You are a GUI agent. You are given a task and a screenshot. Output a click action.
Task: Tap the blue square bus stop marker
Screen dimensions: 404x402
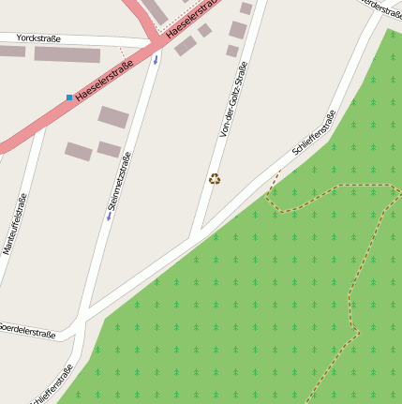69,97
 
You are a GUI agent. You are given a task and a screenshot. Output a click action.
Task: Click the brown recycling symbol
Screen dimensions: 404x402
215,179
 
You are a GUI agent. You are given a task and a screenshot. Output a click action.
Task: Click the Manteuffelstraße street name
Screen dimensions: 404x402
14,224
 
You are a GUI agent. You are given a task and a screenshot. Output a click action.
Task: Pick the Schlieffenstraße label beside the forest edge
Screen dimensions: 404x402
314,133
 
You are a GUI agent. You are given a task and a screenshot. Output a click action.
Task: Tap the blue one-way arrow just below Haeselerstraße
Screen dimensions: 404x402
156,58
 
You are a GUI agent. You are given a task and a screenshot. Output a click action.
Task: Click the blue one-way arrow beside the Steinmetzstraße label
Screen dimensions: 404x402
109,217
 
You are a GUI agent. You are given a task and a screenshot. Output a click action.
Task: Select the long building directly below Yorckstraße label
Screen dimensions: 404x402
67,54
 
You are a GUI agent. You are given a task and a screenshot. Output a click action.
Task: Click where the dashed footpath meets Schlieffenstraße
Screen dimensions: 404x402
279,172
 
